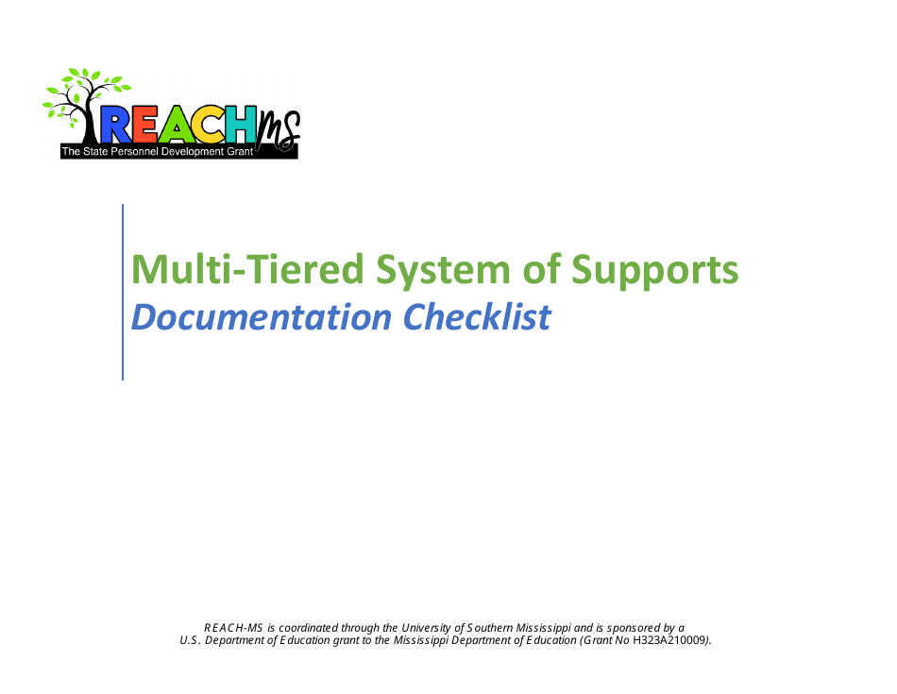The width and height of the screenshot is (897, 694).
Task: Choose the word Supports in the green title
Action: (654, 270)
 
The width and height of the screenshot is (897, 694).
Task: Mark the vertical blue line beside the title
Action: (123, 293)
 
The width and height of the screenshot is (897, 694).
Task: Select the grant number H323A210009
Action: (669, 640)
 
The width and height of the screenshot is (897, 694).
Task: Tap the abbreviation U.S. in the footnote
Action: (191, 640)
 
